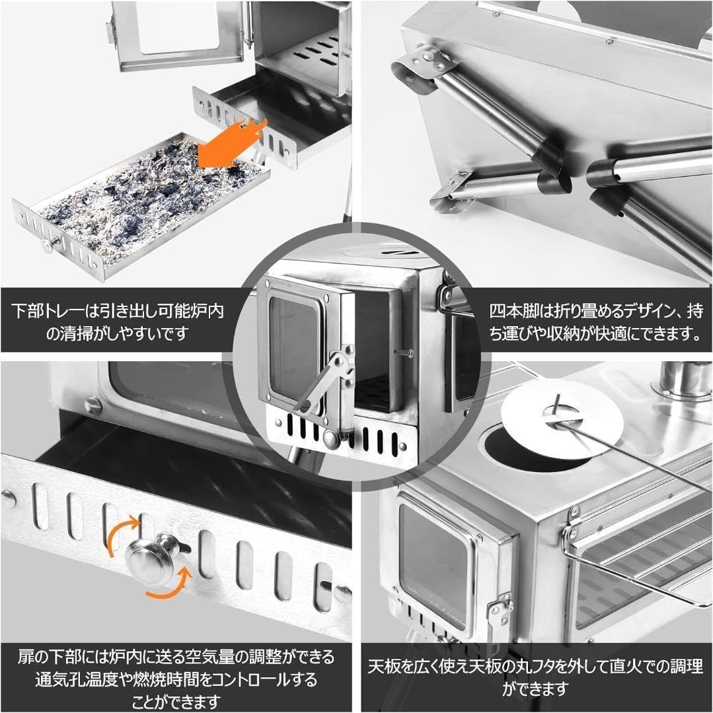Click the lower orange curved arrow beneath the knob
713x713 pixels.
[x=169, y=585]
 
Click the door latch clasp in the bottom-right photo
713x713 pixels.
[x=499, y=610]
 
